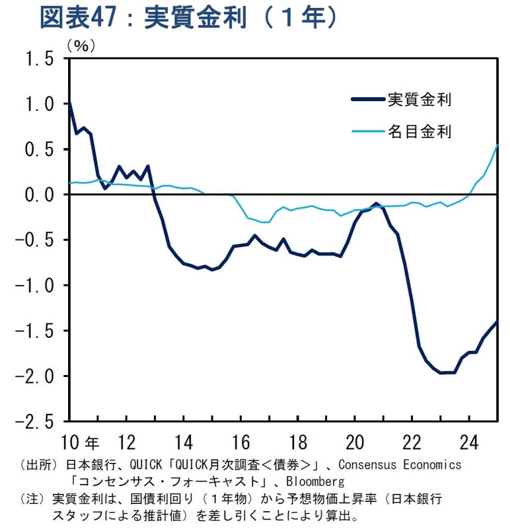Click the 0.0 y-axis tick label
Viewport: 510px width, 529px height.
39,195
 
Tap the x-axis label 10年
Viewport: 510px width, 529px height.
81,442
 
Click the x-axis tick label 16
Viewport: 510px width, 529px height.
240,442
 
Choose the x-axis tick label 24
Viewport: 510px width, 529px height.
470,442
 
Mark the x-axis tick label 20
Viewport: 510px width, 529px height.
355,442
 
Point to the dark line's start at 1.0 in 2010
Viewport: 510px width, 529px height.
69,104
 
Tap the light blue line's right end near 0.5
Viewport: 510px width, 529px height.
497,145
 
